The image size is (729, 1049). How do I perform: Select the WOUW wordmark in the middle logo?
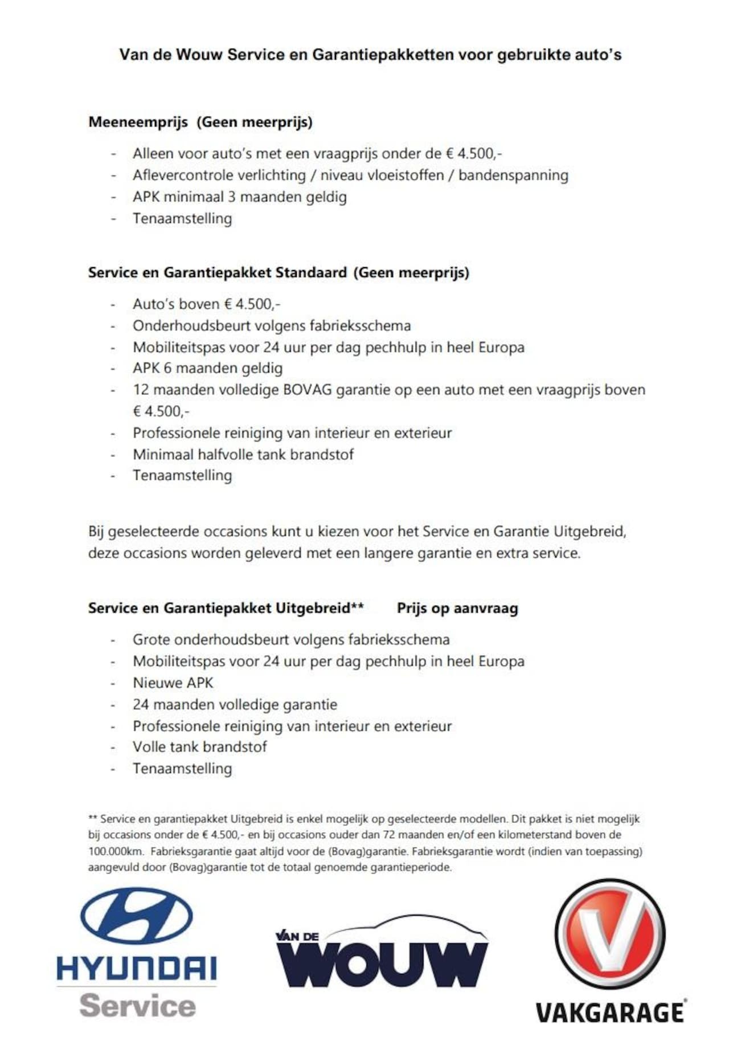(x=382, y=965)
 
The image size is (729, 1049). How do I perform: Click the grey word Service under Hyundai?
(x=137, y=1006)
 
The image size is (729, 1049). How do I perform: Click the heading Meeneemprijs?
(x=138, y=122)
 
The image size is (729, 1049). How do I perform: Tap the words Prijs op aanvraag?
(x=457, y=608)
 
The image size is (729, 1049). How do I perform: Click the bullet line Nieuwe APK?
(x=173, y=683)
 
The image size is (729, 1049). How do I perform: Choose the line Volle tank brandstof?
(x=199, y=747)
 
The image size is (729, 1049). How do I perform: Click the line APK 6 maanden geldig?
(x=207, y=368)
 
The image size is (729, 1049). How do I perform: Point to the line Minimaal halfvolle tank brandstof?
(x=243, y=455)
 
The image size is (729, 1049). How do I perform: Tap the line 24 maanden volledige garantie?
(x=235, y=704)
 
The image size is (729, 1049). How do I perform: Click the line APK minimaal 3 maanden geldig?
(x=239, y=197)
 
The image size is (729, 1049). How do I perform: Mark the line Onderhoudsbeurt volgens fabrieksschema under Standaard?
(x=272, y=326)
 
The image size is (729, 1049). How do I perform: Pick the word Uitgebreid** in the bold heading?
(x=320, y=608)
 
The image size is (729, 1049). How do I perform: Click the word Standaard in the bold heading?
(x=311, y=272)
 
